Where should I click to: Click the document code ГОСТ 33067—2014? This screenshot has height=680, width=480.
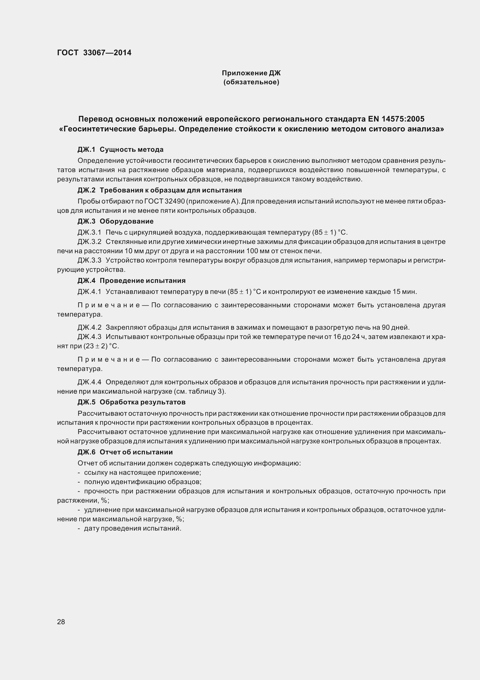coord(94,53)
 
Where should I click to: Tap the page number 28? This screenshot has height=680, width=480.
coord(61,622)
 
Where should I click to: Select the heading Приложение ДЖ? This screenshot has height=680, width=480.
coord(251,73)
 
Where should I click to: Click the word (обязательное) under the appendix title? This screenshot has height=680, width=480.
coord(251,82)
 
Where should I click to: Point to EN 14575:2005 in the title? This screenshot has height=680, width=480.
coord(396,119)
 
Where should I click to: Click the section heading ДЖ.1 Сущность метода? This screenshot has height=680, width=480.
coord(121,149)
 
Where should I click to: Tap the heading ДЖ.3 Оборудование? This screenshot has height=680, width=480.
coord(115,221)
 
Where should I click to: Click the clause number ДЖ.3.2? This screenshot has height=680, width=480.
coord(89,242)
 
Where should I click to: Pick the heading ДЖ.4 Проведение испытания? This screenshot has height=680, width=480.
coord(131,281)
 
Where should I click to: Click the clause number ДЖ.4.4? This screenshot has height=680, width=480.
coord(89,382)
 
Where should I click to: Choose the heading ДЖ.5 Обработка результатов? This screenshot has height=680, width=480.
coord(131,402)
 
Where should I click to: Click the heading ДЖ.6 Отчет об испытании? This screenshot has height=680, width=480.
coord(125,452)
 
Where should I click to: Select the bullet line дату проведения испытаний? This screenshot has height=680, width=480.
coord(132,528)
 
